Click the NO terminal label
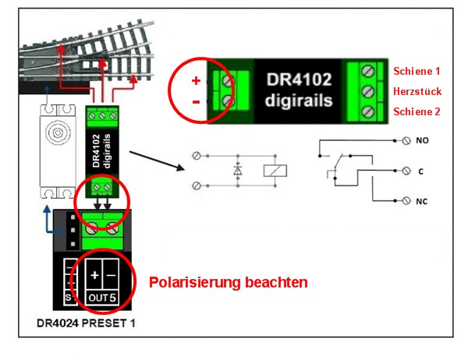(x=423, y=143)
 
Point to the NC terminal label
(x=423, y=201)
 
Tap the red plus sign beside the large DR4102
(x=196, y=81)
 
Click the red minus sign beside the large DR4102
(x=196, y=101)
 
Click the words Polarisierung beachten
(x=228, y=281)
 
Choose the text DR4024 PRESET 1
(x=86, y=321)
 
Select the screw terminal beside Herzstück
(x=368, y=91)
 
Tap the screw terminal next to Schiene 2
(x=368, y=111)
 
